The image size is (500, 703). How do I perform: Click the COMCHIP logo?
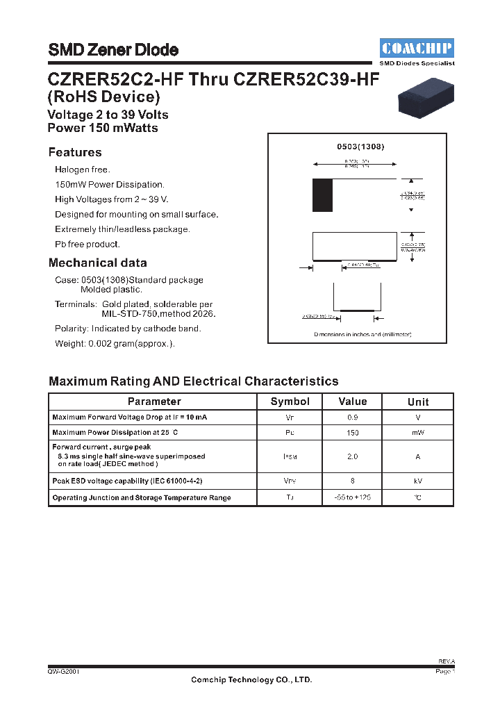pos(417,48)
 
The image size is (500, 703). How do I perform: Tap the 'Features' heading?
pos(75,152)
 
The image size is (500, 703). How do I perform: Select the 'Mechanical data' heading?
pos(98,263)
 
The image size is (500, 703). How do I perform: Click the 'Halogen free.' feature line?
pos(83,169)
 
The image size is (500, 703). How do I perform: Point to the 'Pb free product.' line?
pos(87,245)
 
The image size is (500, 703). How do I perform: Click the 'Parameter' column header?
pos(154,402)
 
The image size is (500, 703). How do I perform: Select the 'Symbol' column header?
pos(290,402)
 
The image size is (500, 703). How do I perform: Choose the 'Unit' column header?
pos(418,402)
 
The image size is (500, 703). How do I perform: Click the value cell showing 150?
pos(353,433)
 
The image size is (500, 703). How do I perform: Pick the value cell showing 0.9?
pos(353,417)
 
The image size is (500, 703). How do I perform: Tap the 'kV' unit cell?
pos(418,481)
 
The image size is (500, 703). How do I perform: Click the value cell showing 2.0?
pos(353,456)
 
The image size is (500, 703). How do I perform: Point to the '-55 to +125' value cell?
pos(353,497)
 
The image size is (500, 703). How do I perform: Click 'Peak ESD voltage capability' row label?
pos(127,481)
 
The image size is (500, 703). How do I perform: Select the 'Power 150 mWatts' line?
pos(103,128)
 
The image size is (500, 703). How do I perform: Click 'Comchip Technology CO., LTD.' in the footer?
pos(251,680)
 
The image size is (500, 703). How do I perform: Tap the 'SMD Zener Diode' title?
pos(113,50)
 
